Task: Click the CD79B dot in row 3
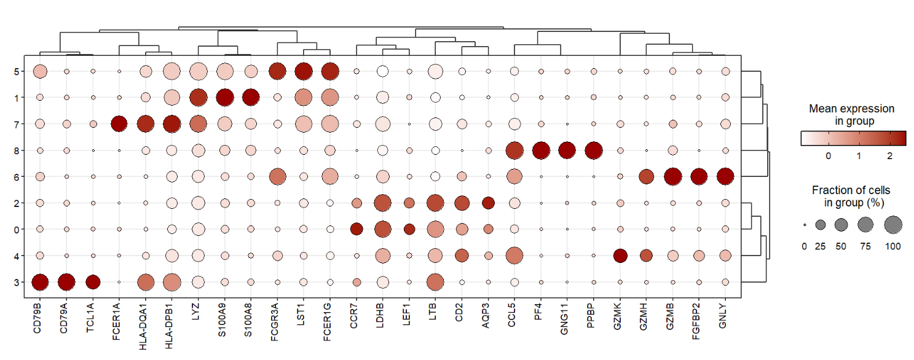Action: click(40, 282)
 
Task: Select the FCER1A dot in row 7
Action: click(119, 124)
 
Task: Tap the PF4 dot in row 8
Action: click(541, 151)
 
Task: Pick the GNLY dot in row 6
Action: click(725, 176)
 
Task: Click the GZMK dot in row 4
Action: click(620, 255)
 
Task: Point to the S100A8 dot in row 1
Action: click(251, 97)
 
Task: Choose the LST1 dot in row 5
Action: click(304, 71)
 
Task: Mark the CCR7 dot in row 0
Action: click(357, 229)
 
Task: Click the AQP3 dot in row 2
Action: click(488, 203)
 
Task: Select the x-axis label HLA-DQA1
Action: click(146, 323)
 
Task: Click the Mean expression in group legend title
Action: click(851, 115)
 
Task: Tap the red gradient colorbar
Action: click(853, 138)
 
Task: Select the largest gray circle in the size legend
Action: click(893, 225)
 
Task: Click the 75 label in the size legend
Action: click(865, 246)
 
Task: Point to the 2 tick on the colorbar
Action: click(889, 156)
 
